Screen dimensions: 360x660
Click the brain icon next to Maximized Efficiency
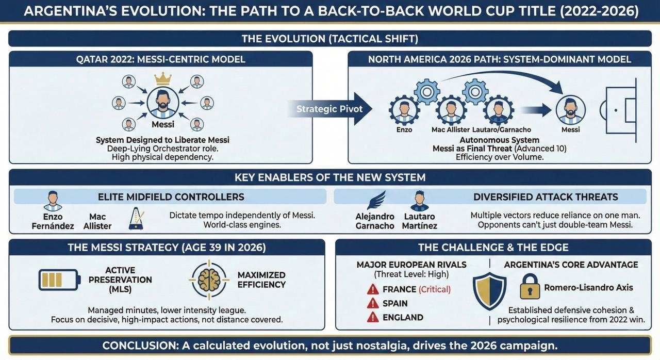pyautogui.click(x=209, y=280)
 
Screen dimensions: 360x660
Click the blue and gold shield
pyautogui.click(x=489, y=291)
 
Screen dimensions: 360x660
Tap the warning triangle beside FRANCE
pyautogui.click(x=373, y=289)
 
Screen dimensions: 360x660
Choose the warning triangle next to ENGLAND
pyautogui.click(x=373, y=317)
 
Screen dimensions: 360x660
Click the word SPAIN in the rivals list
pyautogui.click(x=395, y=303)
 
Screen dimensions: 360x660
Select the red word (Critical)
pyautogui.click(x=434, y=289)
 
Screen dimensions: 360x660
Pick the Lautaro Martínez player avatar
pyautogui.click(x=420, y=201)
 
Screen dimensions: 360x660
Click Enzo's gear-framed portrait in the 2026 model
pyautogui.click(x=404, y=110)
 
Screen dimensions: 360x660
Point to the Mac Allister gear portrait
pyautogui.click(x=451, y=110)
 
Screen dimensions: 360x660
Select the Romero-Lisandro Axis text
pyautogui.click(x=588, y=287)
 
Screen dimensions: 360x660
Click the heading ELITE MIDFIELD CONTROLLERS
pyautogui.click(x=171, y=197)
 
